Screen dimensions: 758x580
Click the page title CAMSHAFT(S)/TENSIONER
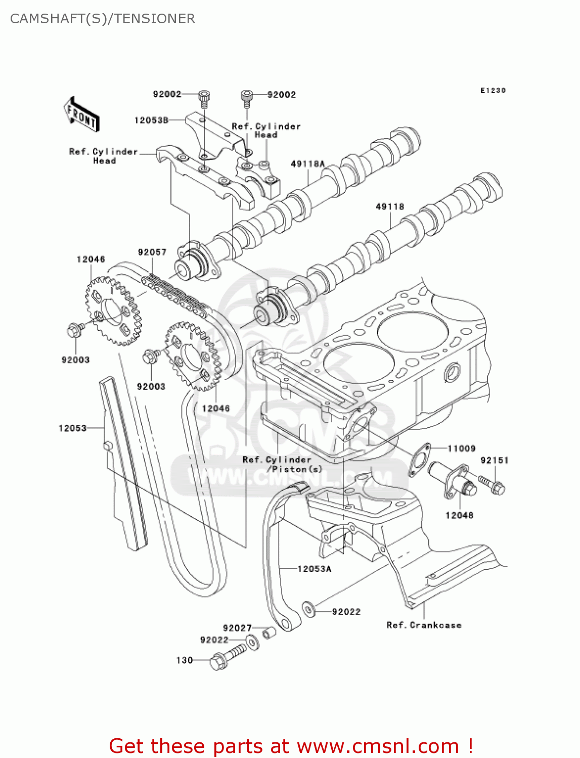click(103, 19)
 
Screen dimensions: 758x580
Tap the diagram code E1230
click(493, 90)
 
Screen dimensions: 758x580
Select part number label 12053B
click(151, 120)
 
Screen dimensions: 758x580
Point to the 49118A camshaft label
click(307, 164)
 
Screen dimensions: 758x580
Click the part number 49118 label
click(390, 206)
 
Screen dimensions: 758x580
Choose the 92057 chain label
click(152, 252)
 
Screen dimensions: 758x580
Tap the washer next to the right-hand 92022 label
click(308, 610)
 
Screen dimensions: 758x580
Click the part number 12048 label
click(459, 515)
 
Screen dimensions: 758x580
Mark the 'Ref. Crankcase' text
click(424, 625)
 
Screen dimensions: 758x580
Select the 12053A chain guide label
click(314, 569)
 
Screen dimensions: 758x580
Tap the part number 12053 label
click(72, 428)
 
